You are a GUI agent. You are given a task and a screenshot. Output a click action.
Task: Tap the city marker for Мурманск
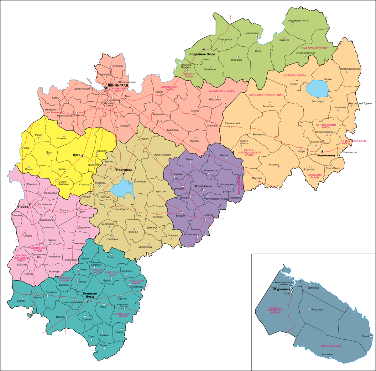pos(292,288)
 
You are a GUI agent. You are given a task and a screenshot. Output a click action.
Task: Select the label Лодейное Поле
pos(202,54)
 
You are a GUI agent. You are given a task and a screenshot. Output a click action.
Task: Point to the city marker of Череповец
pos(322,152)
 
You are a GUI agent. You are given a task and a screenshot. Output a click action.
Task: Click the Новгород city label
pos(124,170)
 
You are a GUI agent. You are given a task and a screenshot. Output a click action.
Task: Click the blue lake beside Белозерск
pos(317,88)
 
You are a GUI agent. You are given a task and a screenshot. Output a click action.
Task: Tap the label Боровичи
pos(203,186)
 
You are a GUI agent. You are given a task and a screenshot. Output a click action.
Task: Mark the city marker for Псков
pos(29,204)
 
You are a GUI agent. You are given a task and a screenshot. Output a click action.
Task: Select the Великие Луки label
pos(90,295)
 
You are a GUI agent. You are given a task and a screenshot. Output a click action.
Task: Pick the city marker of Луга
pos(83,156)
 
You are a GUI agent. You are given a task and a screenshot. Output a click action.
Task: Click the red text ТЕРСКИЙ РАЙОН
pos(330,347)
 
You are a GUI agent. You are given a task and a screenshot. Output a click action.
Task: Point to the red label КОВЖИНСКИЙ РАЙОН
pos(315,48)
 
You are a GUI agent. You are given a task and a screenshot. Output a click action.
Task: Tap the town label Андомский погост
pos(299,21)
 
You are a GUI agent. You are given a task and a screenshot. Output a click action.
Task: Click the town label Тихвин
pos(195,111)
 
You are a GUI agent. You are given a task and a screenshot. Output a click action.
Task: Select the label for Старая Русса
pos(120,209)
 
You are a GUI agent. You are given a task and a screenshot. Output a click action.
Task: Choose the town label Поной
pos(365,336)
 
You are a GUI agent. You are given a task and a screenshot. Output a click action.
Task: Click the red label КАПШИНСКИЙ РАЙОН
pos(222,91)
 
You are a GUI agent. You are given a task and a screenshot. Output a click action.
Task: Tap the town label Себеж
pos(21,301)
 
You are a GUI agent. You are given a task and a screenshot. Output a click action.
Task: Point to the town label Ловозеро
pos(317,310)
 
